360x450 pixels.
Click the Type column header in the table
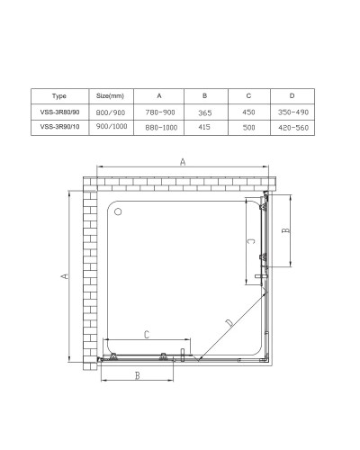pos(60,96)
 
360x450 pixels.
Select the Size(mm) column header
pos(110,96)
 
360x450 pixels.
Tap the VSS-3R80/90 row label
pos(60,113)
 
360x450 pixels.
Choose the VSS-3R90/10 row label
pos(60,129)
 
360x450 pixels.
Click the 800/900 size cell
pos(110,113)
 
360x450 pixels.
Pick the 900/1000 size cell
pos(110,129)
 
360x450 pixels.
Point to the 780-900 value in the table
pos(159,113)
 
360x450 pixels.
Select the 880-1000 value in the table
pos(159,129)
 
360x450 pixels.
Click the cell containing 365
pos(203,113)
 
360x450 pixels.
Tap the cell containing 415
pos(203,129)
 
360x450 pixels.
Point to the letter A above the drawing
pos(183,163)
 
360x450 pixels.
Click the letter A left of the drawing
pos(65,278)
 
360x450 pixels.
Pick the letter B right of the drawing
pos(285,229)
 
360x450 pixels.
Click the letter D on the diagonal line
pos(228,321)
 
